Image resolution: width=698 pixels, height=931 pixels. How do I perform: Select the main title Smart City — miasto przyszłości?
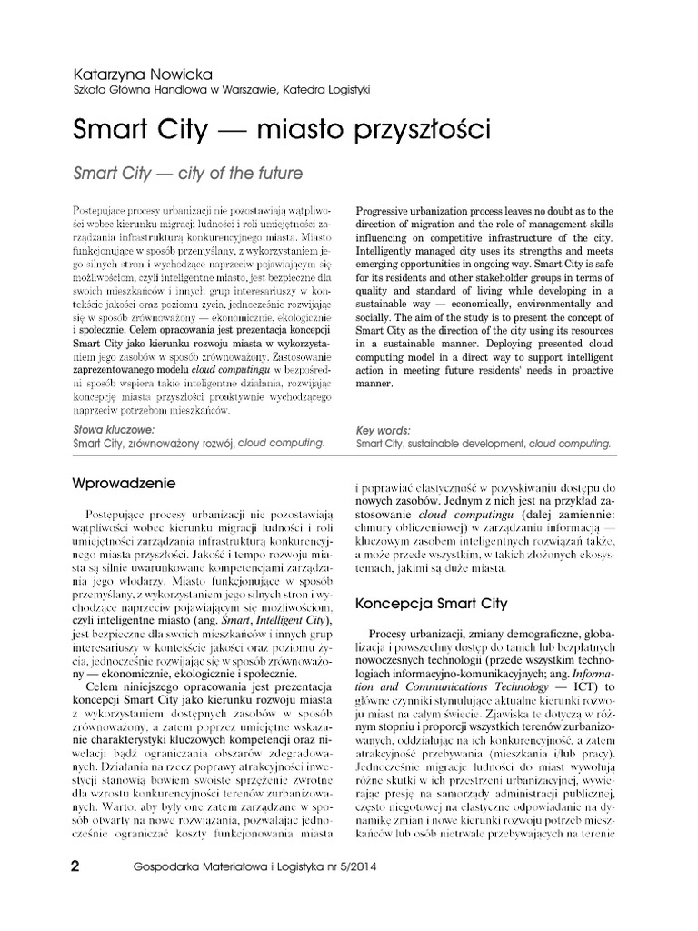[281, 129]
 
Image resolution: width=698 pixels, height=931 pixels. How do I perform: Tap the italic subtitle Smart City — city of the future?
[186, 171]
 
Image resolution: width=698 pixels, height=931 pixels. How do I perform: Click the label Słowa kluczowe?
[113, 430]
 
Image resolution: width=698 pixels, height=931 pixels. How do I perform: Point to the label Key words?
[383, 430]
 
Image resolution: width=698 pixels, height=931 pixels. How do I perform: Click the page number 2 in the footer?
[76, 865]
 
